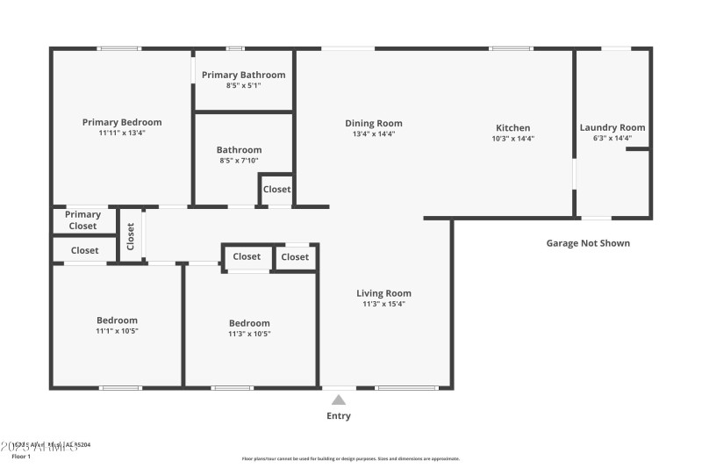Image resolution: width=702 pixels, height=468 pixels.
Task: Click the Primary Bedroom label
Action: [x=122, y=122]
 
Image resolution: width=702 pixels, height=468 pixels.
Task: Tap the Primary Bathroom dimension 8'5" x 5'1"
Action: [x=243, y=86]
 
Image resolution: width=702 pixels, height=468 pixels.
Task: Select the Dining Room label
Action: [x=373, y=123]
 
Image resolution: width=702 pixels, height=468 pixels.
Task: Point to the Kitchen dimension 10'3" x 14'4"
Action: [x=512, y=139]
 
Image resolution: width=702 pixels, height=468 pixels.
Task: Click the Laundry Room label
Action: [x=612, y=127]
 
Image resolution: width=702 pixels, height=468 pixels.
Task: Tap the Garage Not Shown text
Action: [x=588, y=243]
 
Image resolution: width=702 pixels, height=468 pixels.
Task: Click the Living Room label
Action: [x=383, y=293]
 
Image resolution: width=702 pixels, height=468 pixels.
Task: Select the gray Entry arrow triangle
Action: [x=339, y=400]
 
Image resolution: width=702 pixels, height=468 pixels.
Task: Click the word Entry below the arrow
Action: [x=339, y=416]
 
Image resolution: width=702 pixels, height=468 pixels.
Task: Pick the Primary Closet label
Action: [x=83, y=220]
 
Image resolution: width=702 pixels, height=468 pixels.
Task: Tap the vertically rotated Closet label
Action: [x=131, y=236]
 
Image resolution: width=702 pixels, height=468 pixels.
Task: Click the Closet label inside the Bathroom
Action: [x=276, y=189]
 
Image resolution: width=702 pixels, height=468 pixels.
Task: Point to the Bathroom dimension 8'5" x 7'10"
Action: [x=240, y=161]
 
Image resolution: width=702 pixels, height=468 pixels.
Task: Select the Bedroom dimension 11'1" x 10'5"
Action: [x=117, y=332]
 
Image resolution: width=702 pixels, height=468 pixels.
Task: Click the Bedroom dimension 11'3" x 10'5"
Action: [x=249, y=335]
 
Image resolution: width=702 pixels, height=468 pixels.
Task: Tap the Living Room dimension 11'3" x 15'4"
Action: [x=383, y=305]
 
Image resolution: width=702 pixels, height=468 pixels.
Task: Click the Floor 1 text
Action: [x=20, y=457]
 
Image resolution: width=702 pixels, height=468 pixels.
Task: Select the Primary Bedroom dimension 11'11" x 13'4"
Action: [x=122, y=133]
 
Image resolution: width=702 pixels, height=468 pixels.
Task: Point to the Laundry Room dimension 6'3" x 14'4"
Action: [x=612, y=139]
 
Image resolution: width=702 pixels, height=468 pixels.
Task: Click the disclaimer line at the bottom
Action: [x=350, y=458]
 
